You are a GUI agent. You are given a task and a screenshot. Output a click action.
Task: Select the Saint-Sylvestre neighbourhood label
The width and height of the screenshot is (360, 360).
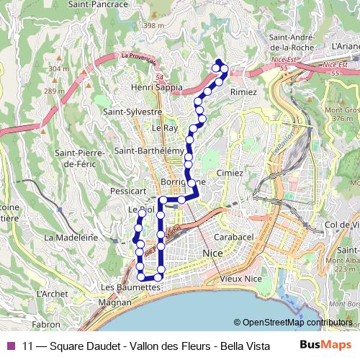click(132, 112)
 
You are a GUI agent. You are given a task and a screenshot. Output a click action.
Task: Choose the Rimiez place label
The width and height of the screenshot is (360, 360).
click(243, 92)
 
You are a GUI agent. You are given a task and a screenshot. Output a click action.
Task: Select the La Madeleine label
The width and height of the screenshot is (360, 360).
click(71, 236)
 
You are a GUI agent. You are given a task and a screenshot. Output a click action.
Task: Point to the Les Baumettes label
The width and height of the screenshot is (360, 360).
click(130, 287)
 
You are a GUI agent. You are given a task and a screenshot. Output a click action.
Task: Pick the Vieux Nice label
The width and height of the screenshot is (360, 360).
click(240, 278)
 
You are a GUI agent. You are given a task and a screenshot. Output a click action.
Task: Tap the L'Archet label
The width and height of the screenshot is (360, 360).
click(53, 294)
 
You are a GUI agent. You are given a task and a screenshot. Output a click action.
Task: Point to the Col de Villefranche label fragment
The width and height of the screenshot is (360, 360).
click(342, 225)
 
